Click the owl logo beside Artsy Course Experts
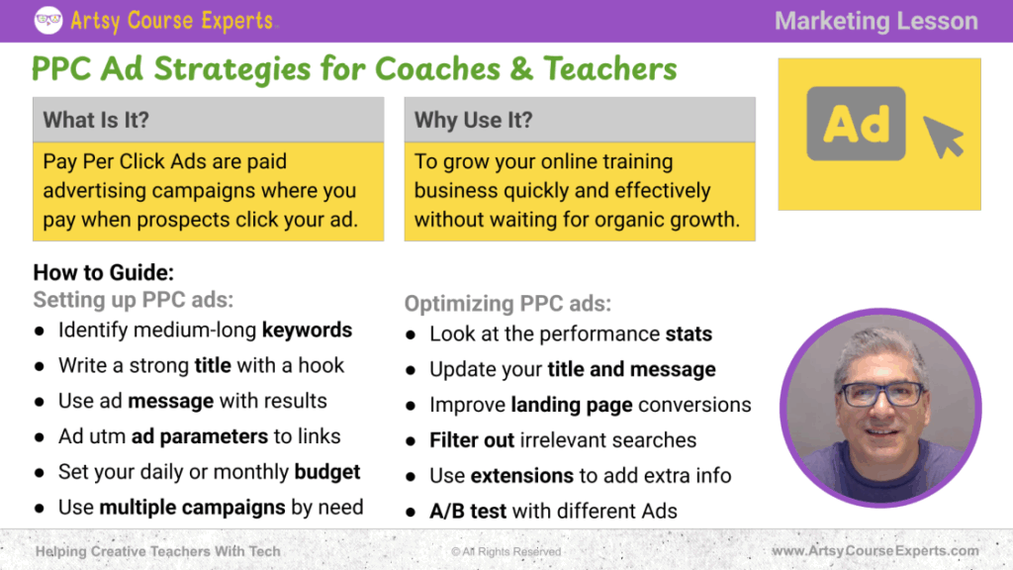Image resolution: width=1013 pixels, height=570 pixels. (x=47, y=20)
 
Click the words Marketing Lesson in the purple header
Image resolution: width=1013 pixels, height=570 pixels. (x=876, y=21)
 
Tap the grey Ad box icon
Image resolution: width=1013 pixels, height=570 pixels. (x=856, y=124)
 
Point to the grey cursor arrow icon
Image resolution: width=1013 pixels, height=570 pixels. (x=943, y=137)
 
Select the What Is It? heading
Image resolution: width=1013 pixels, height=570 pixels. (x=96, y=120)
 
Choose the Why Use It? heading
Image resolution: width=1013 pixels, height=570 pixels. (x=474, y=120)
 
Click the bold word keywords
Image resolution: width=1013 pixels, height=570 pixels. (x=307, y=331)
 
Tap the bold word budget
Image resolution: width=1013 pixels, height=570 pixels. (x=326, y=472)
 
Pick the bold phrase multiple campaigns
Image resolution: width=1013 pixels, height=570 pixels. (x=192, y=508)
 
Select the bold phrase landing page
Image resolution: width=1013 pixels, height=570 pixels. (x=572, y=405)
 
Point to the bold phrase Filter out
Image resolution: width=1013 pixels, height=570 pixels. (x=472, y=440)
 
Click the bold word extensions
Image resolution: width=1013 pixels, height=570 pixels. (x=522, y=476)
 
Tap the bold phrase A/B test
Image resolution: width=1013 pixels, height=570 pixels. (x=468, y=512)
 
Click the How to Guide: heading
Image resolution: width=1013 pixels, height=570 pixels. (x=103, y=273)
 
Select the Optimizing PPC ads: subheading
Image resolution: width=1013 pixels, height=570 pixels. (x=507, y=304)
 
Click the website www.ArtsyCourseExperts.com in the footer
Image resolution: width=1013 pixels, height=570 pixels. (x=875, y=550)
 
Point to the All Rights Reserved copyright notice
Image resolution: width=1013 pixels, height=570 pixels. (x=506, y=551)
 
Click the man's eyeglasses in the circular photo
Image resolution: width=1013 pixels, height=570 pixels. (x=881, y=393)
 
